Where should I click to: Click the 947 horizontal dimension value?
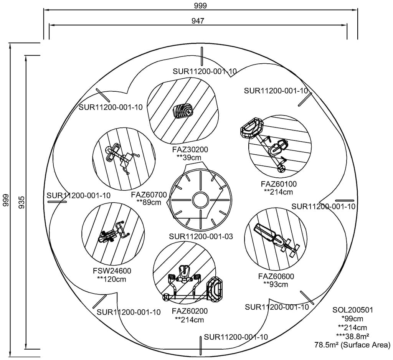tap(198, 21)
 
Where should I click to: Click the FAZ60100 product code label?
tap(279, 184)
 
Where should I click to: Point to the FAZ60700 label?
tap(149, 195)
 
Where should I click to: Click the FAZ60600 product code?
tap(276, 276)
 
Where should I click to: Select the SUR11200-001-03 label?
tap(201, 236)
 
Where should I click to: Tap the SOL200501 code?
tap(352, 310)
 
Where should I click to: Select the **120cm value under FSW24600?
tap(111, 279)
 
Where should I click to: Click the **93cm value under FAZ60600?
tap(276, 284)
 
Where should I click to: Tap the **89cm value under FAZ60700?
tap(149, 202)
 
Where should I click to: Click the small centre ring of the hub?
tap(200, 200)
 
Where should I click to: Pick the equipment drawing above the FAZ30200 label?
tap(183, 111)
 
